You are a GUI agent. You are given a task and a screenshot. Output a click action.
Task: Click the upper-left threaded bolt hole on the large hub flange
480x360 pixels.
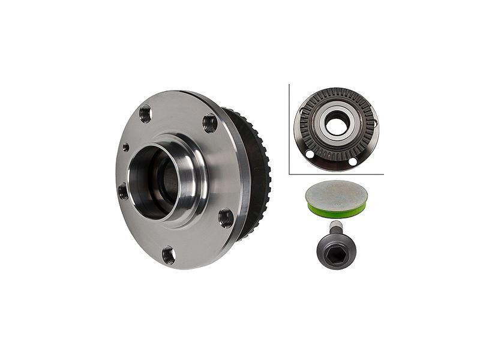(x=145, y=113)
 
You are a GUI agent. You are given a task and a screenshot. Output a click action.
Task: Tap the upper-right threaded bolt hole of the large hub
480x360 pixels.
(x=210, y=123)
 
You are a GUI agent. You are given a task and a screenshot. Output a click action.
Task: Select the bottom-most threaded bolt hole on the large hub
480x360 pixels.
(x=169, y=255)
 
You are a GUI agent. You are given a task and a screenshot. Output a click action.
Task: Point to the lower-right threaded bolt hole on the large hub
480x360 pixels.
(x=226, y=217)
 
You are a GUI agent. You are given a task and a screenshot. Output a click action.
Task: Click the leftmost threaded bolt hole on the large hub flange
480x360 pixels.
(x=124, y=191)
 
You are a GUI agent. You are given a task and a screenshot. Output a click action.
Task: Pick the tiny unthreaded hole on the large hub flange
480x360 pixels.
(x=125, y=147)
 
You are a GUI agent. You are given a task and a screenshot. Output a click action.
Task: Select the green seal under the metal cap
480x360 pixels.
(x=336, y=210)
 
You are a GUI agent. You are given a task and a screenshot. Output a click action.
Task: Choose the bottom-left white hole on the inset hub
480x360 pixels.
(x=310, y=154)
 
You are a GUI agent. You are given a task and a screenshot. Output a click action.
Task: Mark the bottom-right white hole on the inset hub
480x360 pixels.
(x=353, y=161)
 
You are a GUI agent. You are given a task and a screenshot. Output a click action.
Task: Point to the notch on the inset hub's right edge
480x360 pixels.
(x=376, y=123)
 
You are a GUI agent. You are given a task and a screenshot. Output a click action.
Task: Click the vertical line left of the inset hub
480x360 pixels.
(x=289, y=129)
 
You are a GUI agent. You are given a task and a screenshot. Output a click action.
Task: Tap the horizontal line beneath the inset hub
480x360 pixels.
(x=336, y=174)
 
